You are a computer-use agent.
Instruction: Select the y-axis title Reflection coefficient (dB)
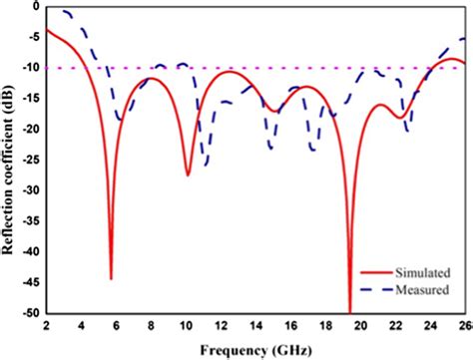pos(9,160)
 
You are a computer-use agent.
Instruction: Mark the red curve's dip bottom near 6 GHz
pos(111,278)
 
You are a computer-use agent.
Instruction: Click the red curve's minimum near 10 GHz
pos(188,175)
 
